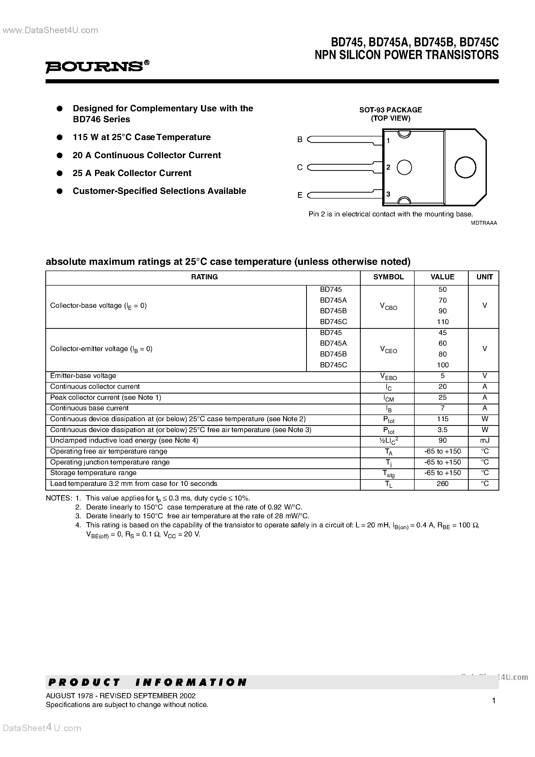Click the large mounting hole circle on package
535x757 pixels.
[465, 167]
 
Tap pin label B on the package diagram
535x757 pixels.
[300, 140]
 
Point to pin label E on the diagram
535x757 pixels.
[300, 195]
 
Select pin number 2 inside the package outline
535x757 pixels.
[388, 167]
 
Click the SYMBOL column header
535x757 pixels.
[388, 277]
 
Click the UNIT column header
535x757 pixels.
[484, 277]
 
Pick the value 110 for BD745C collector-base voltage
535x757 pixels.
[443, 322]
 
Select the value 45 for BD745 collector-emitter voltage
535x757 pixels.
[443, 332]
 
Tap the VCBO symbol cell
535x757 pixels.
[388, 307]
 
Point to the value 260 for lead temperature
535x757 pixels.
[443, 483]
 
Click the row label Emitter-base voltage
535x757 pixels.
[83, 376]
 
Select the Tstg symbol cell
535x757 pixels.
[388, 474]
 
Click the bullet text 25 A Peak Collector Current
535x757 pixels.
[132, 173]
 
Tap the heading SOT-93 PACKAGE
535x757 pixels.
[391, 110]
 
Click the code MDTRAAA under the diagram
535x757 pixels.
[483, 223]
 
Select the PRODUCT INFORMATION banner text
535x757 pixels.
[147, 682]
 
